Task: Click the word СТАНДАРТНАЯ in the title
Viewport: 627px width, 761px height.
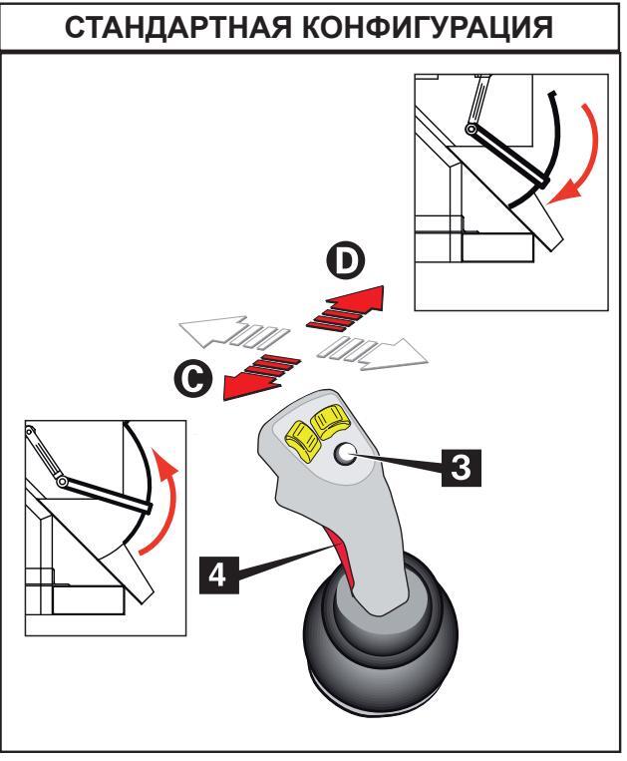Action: click(x=178, y=28)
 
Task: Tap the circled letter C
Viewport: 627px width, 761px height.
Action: click(x=193, y=379)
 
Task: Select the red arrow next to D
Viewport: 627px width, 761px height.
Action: click(x=345, y=307)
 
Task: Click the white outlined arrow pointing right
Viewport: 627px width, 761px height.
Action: click(x=373, y=352)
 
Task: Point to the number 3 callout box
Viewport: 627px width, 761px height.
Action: click(x=461, y=469)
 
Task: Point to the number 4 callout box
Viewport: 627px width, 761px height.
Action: click(x=219, y=575)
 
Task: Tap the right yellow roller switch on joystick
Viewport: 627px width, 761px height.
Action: click(x=328, y=419)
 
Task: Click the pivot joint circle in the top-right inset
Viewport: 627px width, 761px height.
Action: click(x=470, y=130)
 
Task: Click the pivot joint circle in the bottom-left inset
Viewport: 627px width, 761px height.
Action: click(x=62, y=482)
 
